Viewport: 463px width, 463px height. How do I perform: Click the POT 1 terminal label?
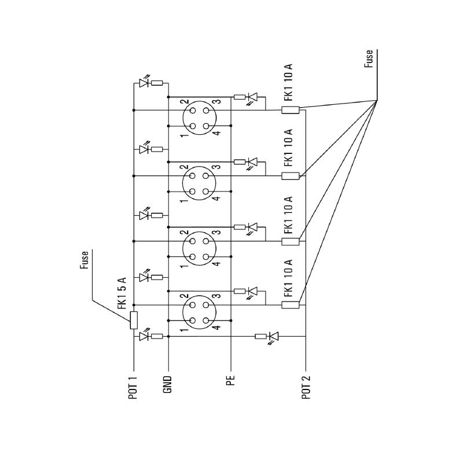[134, 388]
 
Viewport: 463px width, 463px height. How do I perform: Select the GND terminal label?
[168, 384]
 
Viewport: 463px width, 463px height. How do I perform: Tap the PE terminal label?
[231, 380]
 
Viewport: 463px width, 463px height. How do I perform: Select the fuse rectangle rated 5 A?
[134, 320]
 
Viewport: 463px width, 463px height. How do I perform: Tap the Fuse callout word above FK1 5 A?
[85, 261]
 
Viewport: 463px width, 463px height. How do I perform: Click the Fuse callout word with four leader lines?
[369, 59]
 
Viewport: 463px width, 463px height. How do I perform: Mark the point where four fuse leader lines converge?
[377, 100]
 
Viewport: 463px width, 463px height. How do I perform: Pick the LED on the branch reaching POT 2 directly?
[274, 336]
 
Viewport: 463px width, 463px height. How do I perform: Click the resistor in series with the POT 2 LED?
[260, 336]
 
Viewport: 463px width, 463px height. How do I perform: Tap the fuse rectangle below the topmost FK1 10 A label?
[291, 111]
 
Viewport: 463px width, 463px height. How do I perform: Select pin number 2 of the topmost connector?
[183, 102]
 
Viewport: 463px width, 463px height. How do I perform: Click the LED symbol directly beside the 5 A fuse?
[143, 336]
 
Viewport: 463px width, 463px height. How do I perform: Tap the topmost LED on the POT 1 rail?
[143, 83]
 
